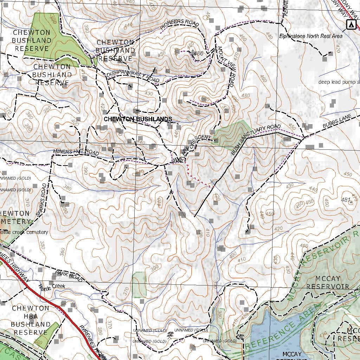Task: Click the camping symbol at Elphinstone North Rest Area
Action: point(350,24)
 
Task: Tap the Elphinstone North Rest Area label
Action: point(311,36)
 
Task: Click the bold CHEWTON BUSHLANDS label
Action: point(138,119)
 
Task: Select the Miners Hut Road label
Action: point(76,152)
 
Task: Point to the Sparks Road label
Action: point(41,199)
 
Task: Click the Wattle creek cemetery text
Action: point(24,232)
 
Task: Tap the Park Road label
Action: point(69,276)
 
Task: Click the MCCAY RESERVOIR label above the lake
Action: point(327,282)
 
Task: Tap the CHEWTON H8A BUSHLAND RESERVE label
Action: point(31,320)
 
